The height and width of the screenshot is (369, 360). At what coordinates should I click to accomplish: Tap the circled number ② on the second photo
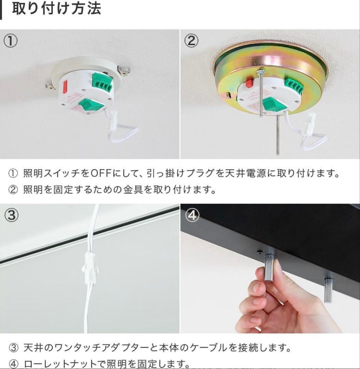(191, 41)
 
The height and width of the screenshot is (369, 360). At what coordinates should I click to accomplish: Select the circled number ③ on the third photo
(11, 215)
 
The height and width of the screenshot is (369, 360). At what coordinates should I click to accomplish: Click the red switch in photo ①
(65, 87)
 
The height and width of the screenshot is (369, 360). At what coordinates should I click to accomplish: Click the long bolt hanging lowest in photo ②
(277, 135)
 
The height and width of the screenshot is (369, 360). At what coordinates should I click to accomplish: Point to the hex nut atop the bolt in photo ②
(261, 71)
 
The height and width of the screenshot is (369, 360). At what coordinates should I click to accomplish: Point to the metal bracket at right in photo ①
(124, 71)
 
